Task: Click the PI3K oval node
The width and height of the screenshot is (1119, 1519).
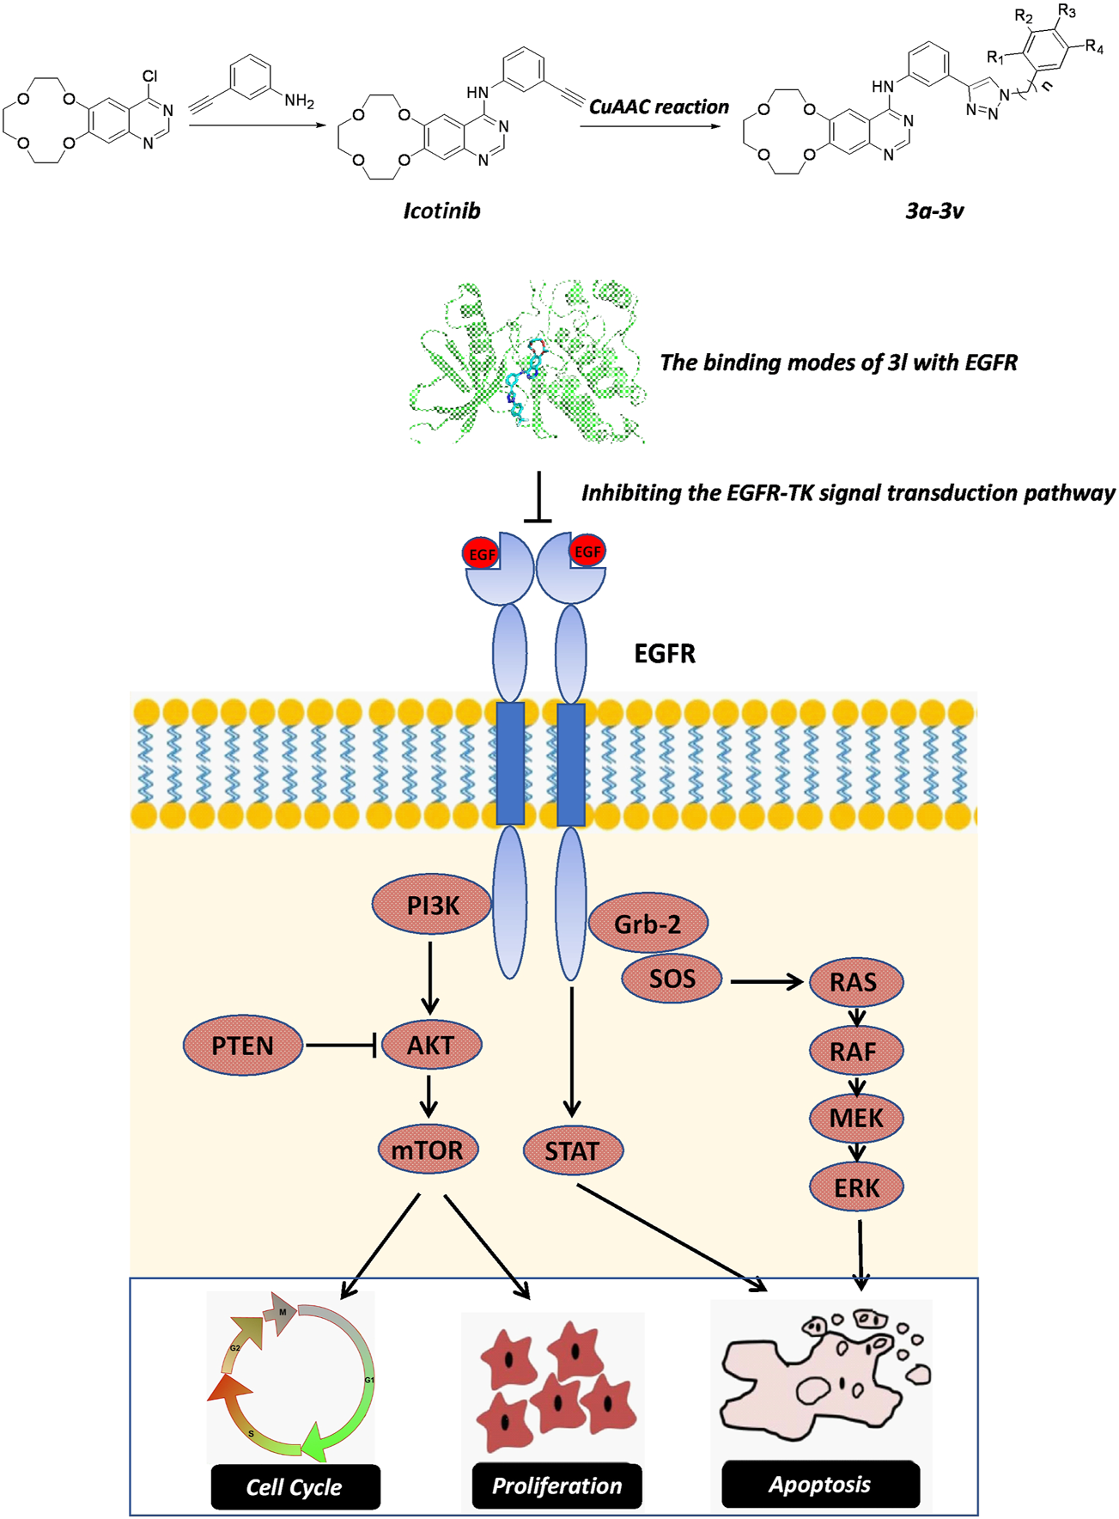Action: tap(432, 905)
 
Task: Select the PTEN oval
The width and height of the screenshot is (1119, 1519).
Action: tap(243, 1045)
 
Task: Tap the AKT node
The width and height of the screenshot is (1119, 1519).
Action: tap(431, 1045)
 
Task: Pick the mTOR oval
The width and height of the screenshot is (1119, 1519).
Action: tap(427, 1150)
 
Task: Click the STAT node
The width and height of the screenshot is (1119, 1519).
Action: tap(572, 1150)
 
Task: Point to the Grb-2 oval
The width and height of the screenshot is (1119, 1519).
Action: tap(648, 924)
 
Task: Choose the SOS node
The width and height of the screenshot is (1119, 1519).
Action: tap(672, 979)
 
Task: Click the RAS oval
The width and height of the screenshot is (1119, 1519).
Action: tap(854, 981)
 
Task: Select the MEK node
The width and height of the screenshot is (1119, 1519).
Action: tap(856, 1118)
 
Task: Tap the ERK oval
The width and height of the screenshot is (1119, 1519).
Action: tap(856, 1187)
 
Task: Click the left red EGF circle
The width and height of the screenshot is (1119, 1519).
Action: tap(481, 554)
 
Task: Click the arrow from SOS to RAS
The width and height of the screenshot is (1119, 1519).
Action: tap(766, 980)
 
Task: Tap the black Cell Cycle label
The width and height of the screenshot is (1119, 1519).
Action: tap(295, 1487)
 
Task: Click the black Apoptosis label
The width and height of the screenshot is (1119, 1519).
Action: tap(820, 1484)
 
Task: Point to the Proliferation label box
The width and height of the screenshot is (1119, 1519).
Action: tap(556, 1486)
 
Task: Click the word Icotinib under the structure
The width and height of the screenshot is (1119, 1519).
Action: tap(441, 210)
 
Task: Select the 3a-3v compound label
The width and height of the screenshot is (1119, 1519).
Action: tap(934, 210)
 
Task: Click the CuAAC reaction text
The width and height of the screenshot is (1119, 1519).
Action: tap(659, 107)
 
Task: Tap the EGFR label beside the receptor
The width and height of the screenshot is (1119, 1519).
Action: tap(665, 654)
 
